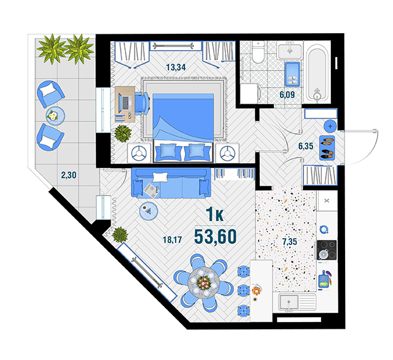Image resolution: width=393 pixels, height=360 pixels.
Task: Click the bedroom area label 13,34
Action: click(176, 67)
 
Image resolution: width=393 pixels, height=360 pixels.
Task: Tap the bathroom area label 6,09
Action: click(287, 94)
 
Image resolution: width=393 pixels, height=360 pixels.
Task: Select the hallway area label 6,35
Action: click(306, 146)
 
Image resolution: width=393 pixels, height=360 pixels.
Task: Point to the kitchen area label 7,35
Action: click(289, 242)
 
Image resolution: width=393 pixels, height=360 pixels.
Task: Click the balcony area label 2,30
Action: click(69, 175)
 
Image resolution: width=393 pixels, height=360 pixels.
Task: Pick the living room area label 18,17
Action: click(172, 240)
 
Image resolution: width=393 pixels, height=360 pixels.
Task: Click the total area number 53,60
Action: click(216, 237)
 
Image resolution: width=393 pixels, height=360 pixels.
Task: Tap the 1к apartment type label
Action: click(214, 214)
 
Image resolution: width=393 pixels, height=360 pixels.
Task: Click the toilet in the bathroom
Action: click(258, 53)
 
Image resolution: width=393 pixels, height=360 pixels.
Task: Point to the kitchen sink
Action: click(289, 302)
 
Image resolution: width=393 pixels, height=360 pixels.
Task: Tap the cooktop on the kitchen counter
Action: click(327, 250)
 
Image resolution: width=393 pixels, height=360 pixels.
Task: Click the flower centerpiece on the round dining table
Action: click(203, 282)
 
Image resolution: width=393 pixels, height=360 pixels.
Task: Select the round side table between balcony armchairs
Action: click(55, 116)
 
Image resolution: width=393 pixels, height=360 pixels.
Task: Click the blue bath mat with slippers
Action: click(292, 74)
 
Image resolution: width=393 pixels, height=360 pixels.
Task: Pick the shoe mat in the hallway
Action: click(327, 148)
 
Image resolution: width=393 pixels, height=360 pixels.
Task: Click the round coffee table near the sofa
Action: click(149, 211)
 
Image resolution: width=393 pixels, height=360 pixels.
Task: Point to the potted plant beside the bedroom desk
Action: click(123, 133)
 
